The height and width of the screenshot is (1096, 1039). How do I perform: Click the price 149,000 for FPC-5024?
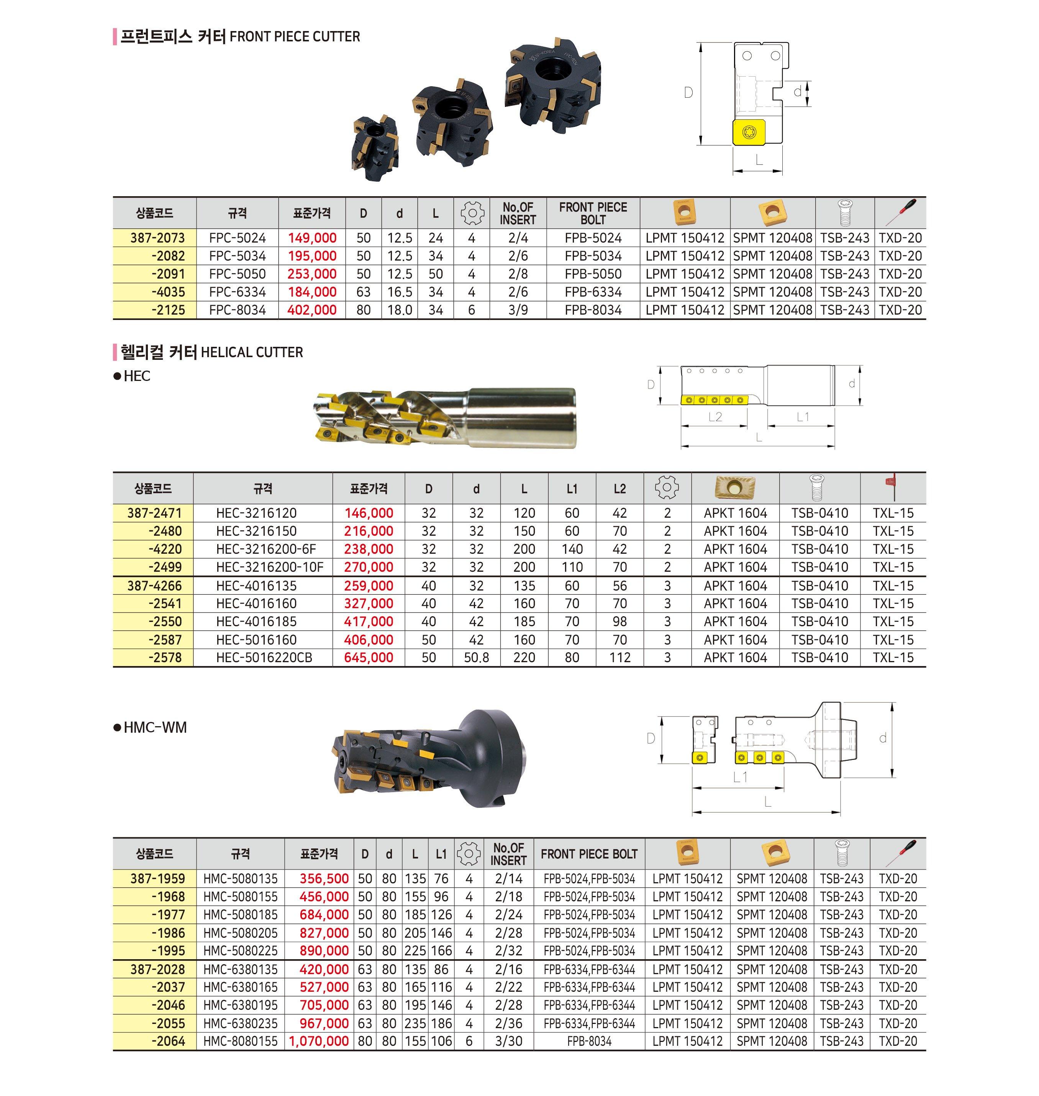312,238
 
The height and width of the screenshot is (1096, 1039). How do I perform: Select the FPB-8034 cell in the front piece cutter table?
593,310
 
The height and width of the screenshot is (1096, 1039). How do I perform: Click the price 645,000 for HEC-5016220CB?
368,658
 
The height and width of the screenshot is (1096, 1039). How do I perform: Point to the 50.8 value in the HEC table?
476,658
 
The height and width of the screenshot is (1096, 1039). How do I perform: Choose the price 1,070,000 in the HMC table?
319,1041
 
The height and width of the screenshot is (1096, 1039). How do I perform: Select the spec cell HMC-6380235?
240,1024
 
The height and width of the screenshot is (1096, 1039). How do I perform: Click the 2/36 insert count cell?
508,1024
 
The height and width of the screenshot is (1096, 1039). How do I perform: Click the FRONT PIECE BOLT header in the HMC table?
589,854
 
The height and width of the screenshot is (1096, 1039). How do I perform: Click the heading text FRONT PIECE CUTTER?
295,37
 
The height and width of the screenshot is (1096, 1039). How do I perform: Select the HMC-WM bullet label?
155,727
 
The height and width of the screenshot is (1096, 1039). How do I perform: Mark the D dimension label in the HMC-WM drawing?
651,738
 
